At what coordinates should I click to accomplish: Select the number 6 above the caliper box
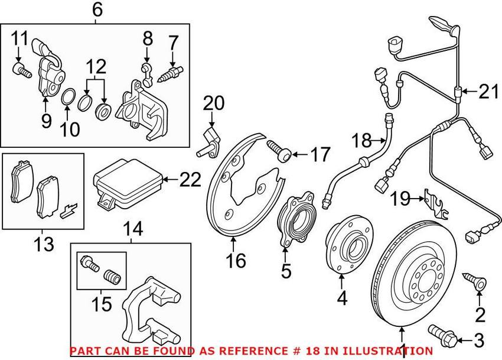97,9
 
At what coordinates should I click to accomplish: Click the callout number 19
400,199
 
